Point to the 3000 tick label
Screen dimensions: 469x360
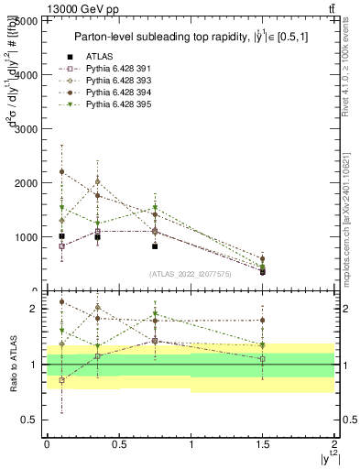tap(26, 129)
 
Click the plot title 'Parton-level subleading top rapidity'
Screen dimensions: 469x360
tap(183, 37)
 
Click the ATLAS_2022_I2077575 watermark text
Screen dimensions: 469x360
tap(190, 273)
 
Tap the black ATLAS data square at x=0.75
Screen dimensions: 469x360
tap(155, 246)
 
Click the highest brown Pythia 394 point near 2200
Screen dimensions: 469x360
tap(61, 172)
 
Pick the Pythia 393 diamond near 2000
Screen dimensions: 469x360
tap(97, 181)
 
